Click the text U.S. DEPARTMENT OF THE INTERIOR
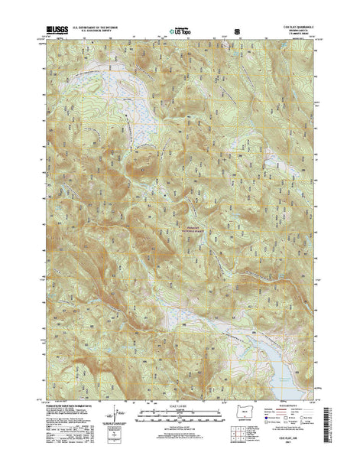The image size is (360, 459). pyautogui.click(x=96, y=28)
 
